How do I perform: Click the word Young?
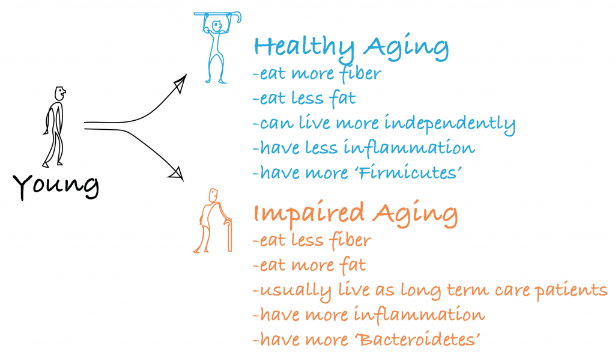coord(56,186)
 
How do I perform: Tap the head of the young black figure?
coord(59,93)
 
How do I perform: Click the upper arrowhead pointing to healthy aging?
coord(180,83)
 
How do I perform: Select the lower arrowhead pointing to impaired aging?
coord(177,173)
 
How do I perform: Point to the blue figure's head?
coord(216,26)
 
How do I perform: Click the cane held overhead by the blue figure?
coord(217,15)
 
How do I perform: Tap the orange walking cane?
coord(229,234)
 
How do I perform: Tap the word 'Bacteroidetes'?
coord(419,339)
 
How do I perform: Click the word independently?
coord(449,124)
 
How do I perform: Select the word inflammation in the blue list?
coord(409,147)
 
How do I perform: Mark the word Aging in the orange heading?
coord(415,214)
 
